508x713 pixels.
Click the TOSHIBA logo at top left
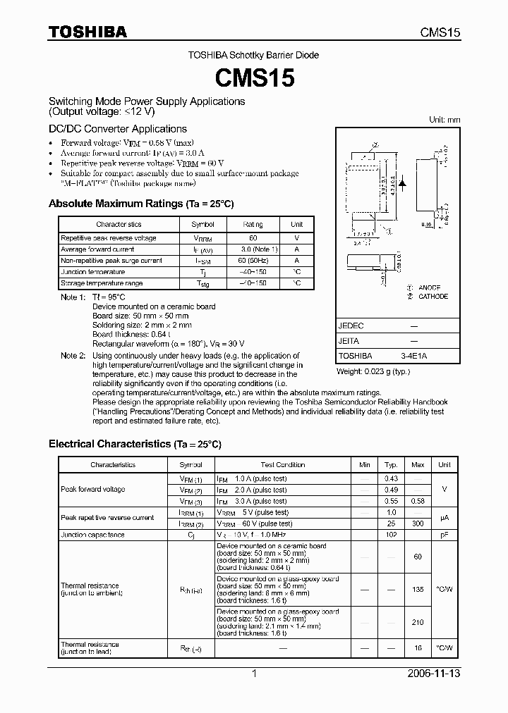87,32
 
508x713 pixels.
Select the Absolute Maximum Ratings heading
140,204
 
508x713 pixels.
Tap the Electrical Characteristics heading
134,444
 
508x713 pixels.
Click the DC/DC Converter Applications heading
117,129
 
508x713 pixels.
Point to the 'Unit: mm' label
445,120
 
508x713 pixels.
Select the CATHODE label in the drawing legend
433,297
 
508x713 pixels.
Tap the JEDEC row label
351,326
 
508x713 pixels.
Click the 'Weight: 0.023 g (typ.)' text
373,371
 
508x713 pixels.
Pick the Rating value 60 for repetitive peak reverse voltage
253,238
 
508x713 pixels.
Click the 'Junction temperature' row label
92,272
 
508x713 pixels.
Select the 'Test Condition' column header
282,465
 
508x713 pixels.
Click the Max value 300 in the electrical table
418,523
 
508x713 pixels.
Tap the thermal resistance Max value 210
418,622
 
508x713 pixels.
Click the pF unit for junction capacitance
445,535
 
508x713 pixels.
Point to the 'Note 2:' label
73,356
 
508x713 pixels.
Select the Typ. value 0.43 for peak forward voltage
391,478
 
